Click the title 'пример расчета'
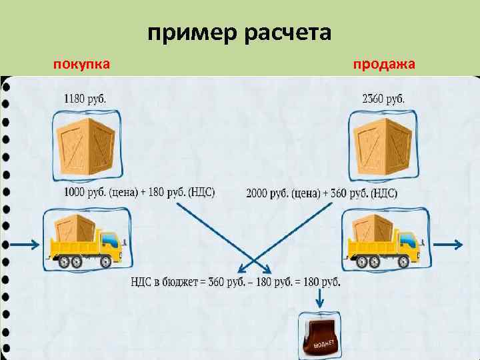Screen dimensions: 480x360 coord(239,32)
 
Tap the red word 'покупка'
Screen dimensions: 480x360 coord(81,64)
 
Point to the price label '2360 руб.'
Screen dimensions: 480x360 coord(383,99)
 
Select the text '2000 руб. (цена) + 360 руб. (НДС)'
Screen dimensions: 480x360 coord(322,193)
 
